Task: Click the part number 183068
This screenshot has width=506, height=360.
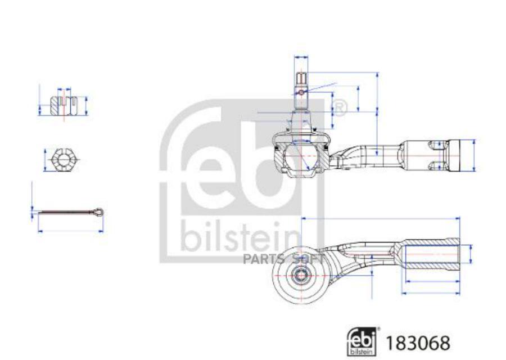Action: click(418, 343)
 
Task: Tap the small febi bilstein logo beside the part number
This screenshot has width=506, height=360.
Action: click(363, 341)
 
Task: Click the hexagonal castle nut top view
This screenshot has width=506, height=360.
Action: click(64, 160)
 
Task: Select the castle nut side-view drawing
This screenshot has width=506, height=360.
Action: click(64, 105)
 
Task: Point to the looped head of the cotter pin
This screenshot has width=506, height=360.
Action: click(97, 212)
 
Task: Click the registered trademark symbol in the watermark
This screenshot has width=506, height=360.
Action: click(339, 107)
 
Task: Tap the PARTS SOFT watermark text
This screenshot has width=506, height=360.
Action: click(283, 258)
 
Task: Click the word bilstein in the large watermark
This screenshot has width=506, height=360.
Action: click(241, 237)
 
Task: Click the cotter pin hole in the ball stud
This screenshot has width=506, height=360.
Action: click(301, 92)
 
